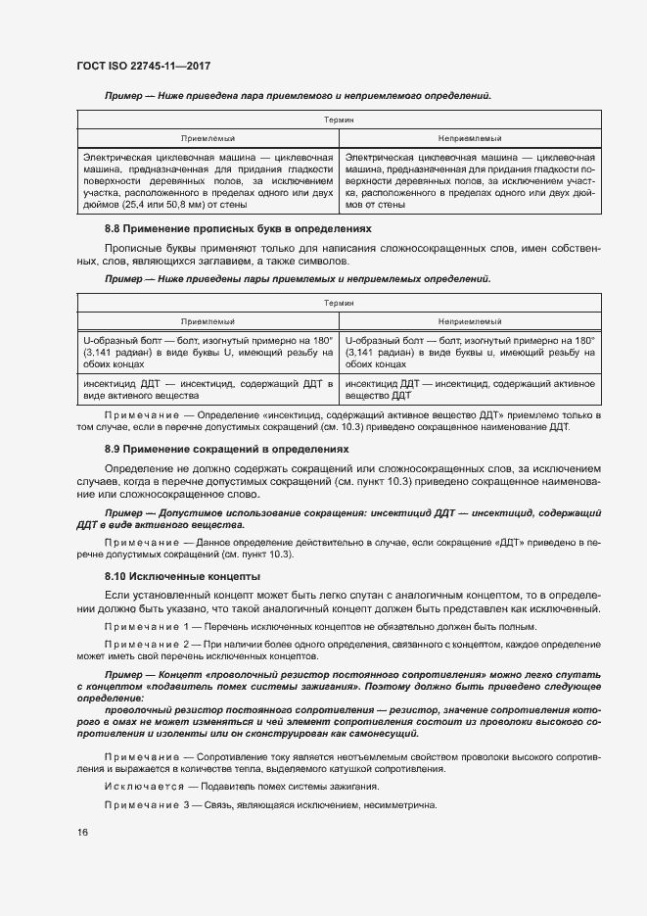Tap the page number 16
tap(81, 832)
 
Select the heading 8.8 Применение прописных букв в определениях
tap(238, 228)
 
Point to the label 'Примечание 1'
tap(146, 626)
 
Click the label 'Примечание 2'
tap(146, 644)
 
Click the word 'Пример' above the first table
tap(124, 96)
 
